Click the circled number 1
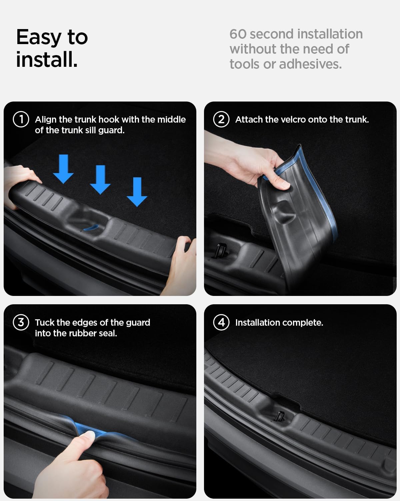(21, 120)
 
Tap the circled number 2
(221, 120)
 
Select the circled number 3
(21, 323)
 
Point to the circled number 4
(221, 323)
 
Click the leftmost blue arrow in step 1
(63, 169)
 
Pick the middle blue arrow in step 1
(100, 180)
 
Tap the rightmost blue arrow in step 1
(137, 192)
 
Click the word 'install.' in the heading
(47, 59)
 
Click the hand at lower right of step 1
(178, 264)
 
